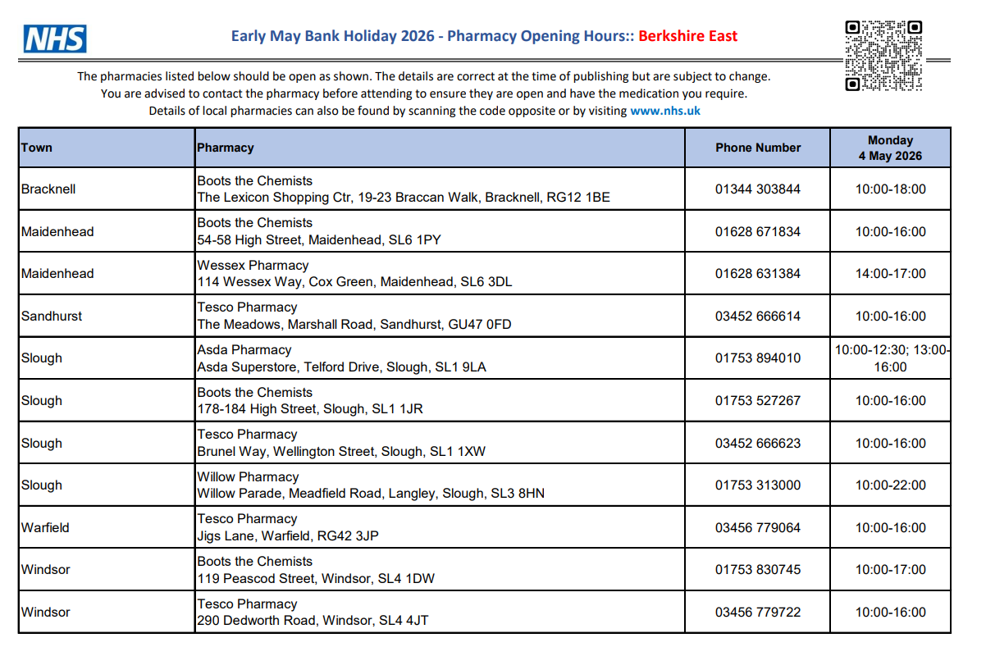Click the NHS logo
pyautogui.click(x=55, y=39)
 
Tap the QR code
pyautogui.click(x=883, y=55)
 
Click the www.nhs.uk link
pyautogui.click(x=664, y=111)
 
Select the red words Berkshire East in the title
pyautogui.click(x=687, y=36)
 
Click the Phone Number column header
pyautogui.click(x=757, y=148)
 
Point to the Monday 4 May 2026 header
pyautogui.click(x=890, y=148)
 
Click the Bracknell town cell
pyautogui.click(x=48, y=189)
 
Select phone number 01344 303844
pyautogui.click(x=757, y=189)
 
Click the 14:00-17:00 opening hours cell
pyautogui.click(x=890, y=274)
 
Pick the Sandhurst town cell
pyautogui.click(x=52, y=316)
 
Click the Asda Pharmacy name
pyautogui.click(x=244, y=349)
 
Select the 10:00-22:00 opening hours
pyautogui.click(x=890, y=485)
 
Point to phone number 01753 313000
pyautogui.click(x=757, y=485)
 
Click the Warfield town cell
pyautogui.click(x=45, y=527)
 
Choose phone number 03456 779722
pyautogui.click(x=757, y=612)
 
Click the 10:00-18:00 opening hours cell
pyautogui.click(x=890, y=189)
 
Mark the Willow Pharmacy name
pyautogui.click(x=248, y=476)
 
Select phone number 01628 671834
pyautogui.click(x=757, y=231)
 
